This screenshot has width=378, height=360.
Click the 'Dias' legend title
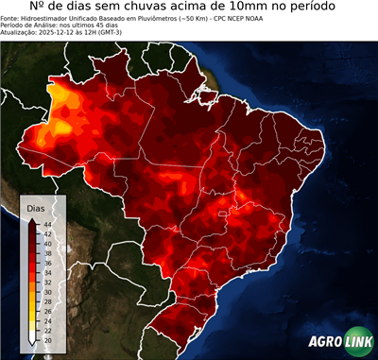[x=36, y=207]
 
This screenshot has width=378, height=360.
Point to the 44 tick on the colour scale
[x=46, y=223]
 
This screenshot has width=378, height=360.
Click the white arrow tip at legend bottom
[x=33, y=343]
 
